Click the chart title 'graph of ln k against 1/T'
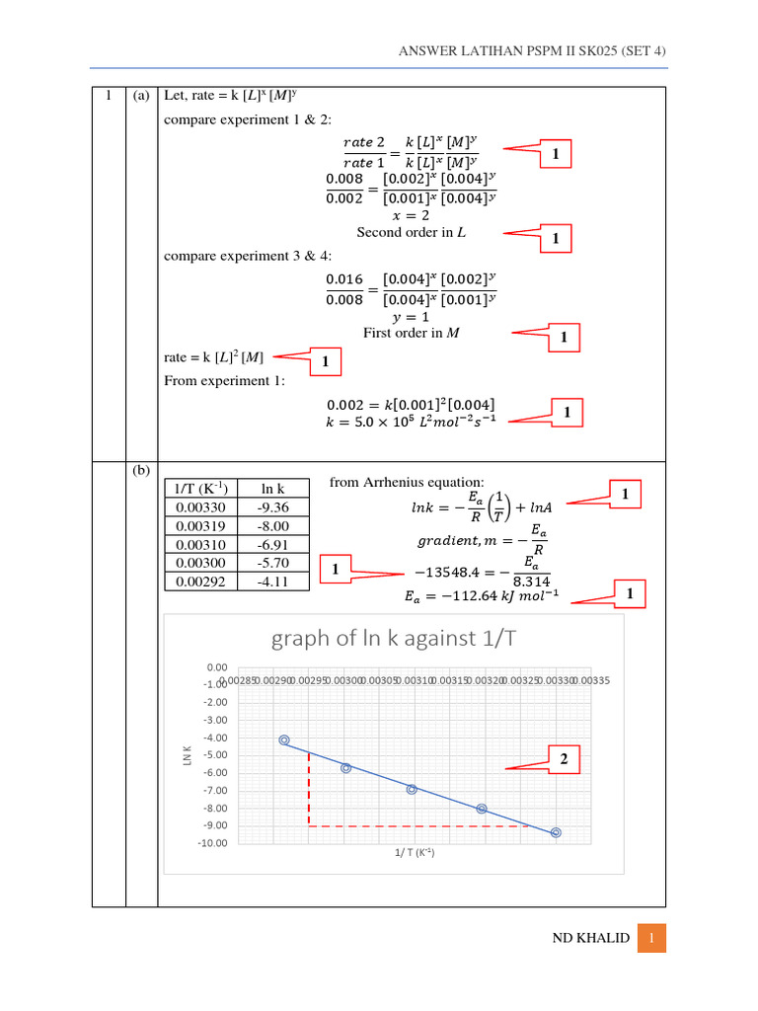coord(393,639)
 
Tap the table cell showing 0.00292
coord(200,582)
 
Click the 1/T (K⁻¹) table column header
coord(200,489)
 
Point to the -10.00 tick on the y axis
coord(212,843)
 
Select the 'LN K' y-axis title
coord(186,755)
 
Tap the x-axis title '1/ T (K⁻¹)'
coord(408,853)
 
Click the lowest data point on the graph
coord(556,832)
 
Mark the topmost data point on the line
coord(284,739)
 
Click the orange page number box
coord(651,938)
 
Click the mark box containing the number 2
coord(564,759)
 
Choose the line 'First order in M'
coord(411,333)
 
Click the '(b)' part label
coord(141,470)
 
